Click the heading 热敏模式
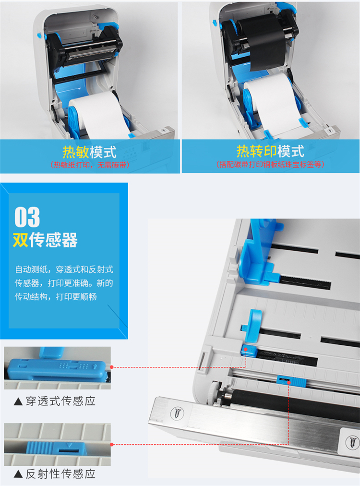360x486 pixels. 89,152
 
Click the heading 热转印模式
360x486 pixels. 270,151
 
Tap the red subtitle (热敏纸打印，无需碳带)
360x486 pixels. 90,165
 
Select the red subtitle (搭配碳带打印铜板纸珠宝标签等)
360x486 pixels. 270,164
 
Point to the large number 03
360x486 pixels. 27,217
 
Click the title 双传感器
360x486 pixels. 45,240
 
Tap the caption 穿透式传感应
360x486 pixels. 61,401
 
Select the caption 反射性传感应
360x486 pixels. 61,474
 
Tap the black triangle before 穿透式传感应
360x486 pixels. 18,401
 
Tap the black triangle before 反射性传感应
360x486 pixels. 18,474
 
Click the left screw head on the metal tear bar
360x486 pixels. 177,413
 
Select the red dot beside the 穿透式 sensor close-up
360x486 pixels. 112,367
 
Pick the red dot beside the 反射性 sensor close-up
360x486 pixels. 112,445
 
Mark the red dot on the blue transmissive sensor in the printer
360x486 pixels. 245,350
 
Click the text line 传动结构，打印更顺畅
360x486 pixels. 56,297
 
